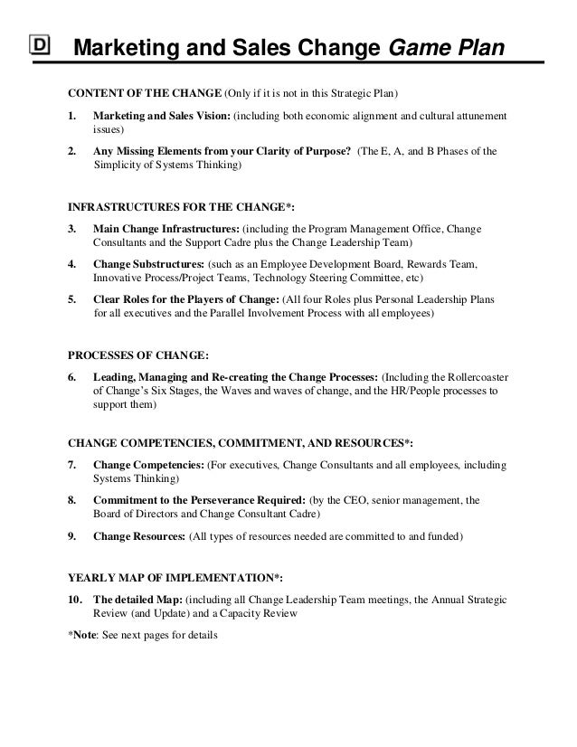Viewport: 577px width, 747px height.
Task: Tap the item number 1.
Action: (x=73, y=118)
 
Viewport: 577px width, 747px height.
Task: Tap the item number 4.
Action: (x=73, y=263)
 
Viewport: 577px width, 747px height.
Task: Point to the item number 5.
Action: (x=73, y=298)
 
